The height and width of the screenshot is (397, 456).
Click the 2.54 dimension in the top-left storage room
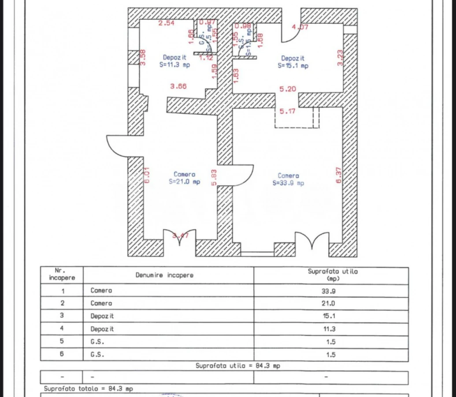pos(167,23)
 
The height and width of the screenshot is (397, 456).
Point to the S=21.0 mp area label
pos(184,181)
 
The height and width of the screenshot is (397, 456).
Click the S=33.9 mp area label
pos(288,183)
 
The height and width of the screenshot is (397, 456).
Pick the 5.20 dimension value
pos(287,89)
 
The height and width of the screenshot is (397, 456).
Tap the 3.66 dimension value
pos(179,86)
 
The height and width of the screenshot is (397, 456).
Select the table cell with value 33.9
pos(331,291)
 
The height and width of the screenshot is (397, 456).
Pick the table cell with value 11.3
pos(331,329)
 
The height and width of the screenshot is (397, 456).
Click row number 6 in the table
pos(62,354)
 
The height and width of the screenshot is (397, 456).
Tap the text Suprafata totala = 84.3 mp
pos(89,389)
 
